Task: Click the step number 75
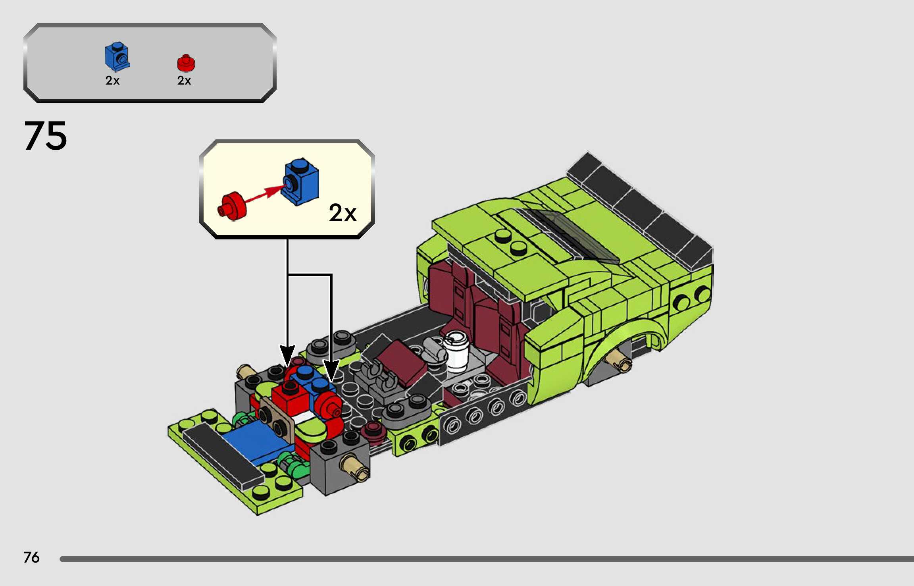tap(46, 136)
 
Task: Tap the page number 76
tap(31, 557)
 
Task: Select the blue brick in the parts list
tap(117, 56)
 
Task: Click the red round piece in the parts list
tap(186, 63)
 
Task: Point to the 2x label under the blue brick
tap(112, 81)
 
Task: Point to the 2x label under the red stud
tap(184, 81)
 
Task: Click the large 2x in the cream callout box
tap(343, 213)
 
